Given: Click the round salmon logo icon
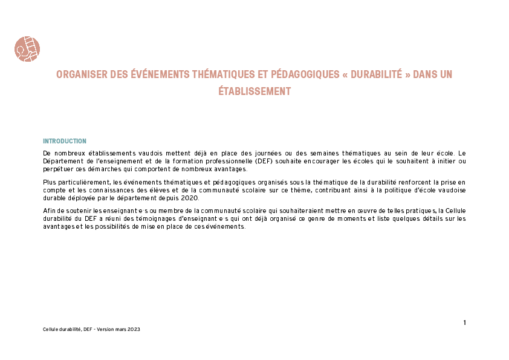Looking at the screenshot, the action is click(x=27, y=49).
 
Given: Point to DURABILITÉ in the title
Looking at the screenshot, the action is click(x=376, y=74).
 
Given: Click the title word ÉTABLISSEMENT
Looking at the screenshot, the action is click(x=254, y=91).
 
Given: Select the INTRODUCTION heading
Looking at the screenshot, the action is click(x=65, y=142).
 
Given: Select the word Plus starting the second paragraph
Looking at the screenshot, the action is click(x=49, y=182).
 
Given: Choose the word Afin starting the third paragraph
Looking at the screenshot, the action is click(x=49, y=211).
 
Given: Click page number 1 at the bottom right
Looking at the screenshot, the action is click(x=465, y=322).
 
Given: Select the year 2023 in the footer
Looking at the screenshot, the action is click(x=134, y=330).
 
